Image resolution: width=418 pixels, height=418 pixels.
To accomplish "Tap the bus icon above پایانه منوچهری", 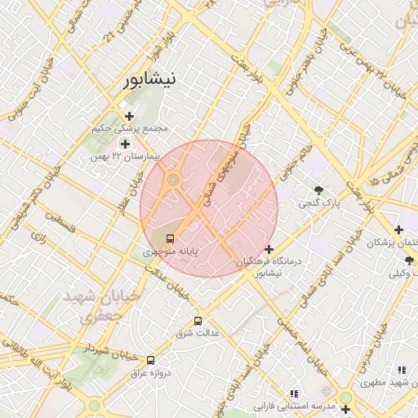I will tap(170, 238).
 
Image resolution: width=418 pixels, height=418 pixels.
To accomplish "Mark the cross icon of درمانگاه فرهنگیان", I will tap(269, 249).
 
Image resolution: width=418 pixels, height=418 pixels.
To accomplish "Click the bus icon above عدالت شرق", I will tap(198, 321).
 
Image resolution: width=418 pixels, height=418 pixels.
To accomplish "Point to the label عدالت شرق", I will tap(196, 334).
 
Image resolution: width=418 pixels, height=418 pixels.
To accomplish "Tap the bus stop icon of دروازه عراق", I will tap(150, 360).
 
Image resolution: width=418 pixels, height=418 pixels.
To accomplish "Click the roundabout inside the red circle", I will tap(174, 180).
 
